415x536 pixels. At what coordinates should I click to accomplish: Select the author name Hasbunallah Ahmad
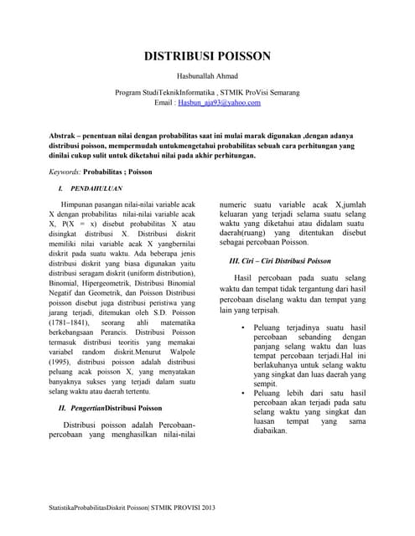[207, 77]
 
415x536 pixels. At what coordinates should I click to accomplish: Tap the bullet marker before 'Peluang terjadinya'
[241, 327]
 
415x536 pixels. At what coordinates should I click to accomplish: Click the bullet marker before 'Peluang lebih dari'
[241, 393]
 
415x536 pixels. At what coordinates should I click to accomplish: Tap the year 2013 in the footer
[206, 508]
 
